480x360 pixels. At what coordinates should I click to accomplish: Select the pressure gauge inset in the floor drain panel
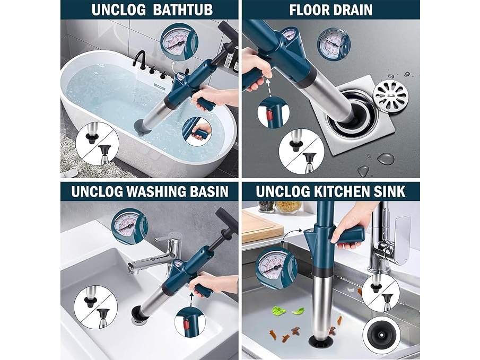334,43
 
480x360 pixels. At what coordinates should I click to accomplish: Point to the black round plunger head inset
381,335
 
